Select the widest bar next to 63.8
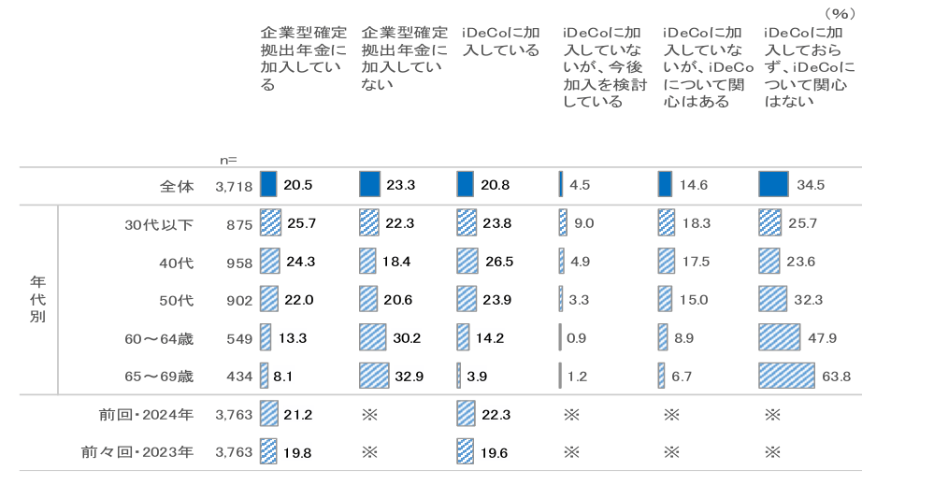click(788, 377)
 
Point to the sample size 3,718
click(234, 186)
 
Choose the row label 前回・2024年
click(145, 414)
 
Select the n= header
click(226, 160)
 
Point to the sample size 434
click(239, 377)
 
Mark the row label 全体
click(177, 186)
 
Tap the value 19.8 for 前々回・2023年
click(299, 452)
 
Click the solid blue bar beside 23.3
click(369, 185)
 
